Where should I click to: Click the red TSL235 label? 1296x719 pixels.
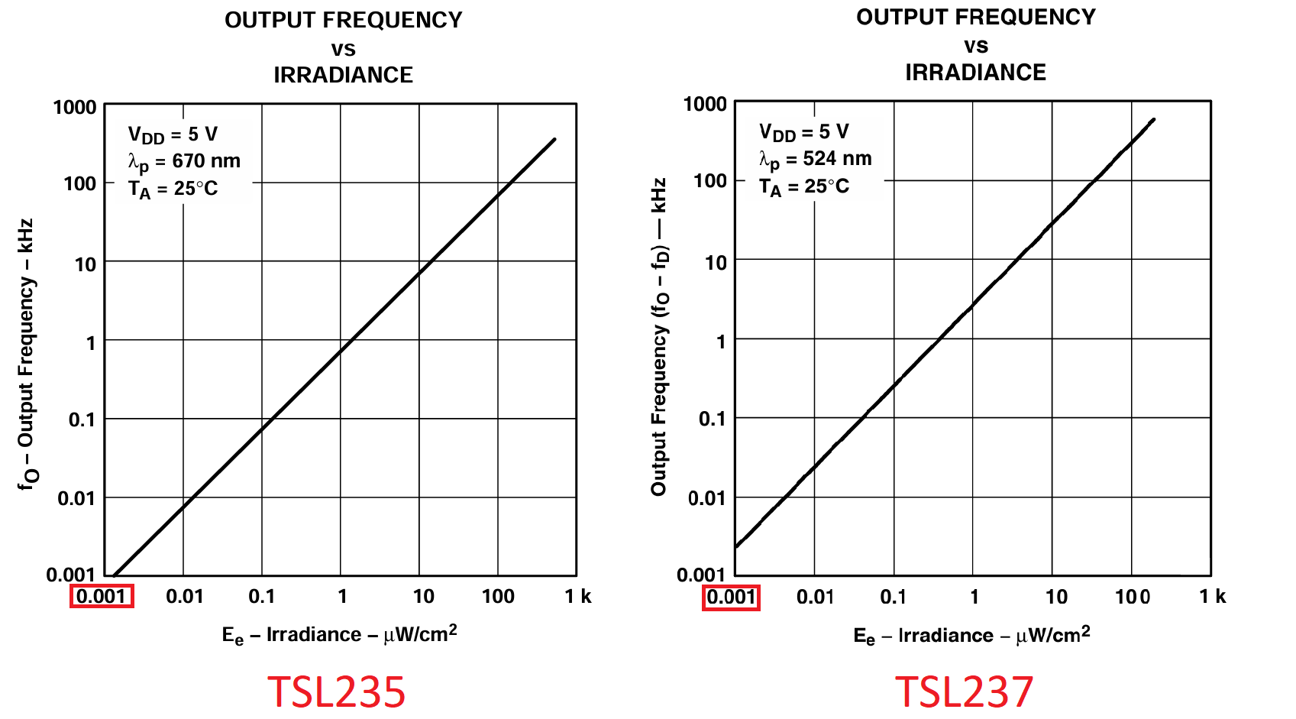[x=336, y=691]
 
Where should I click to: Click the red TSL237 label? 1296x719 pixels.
[x=964, y=691]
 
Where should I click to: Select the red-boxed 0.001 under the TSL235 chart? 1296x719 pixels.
[x=102, y=596]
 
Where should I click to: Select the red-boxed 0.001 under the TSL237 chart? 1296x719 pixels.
[x=731, y=597]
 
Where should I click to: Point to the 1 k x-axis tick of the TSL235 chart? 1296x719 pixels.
[x=578, y=597]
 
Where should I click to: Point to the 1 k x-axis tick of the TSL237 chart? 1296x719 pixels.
[x=1212, y=597]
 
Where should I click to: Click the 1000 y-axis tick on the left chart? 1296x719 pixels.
[x=75, y=107]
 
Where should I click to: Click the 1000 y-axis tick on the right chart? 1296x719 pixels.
[x=705, y=104]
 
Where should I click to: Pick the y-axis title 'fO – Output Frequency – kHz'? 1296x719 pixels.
[x=27, y=355]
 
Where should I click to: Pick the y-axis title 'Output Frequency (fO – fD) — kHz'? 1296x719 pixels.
[x=659, y=336]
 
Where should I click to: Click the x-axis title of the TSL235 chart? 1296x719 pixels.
[x=340, y=634]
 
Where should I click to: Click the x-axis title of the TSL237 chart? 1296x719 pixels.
[x=971, y=635]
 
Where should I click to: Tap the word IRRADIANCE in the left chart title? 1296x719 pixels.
[x=343, y=75]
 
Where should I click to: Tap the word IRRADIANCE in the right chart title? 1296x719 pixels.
[x=975, y=73]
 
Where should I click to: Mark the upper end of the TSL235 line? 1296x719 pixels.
[x=554, y=139]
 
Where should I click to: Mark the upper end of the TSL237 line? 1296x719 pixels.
[x=1153, y=119]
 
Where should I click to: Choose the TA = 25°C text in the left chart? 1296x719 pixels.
[x=173, y=189]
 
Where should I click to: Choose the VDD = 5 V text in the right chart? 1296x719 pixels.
[x=803, y=132]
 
